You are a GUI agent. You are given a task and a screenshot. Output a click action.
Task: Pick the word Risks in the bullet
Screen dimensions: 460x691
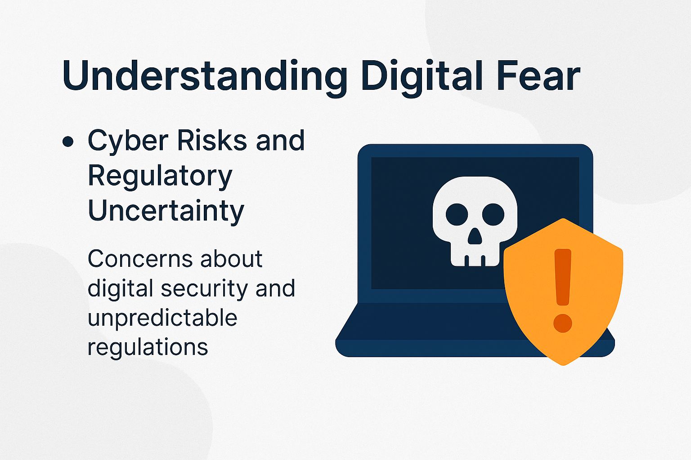(x=212, y=140)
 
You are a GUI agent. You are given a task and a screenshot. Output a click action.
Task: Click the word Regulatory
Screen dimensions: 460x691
(x=160, y=176)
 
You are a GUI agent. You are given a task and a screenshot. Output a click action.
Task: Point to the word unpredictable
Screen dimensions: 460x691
(x=162, y=318)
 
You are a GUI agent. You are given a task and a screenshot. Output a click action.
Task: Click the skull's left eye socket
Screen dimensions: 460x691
(x=457, y=214)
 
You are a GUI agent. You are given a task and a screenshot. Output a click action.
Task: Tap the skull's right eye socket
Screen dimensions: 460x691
(x=493, y=214)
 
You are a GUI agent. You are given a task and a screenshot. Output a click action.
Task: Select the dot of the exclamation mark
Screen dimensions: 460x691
(x=562, y=323)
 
